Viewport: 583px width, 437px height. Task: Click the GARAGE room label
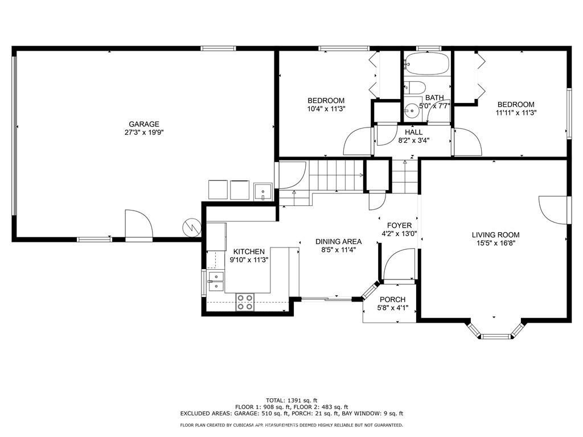click(143, 124)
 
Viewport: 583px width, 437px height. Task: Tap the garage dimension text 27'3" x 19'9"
click(143, 133)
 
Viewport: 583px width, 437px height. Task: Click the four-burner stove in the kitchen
click(245, 302)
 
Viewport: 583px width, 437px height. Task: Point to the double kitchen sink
click(216, 281)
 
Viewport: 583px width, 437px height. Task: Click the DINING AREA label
click(339, 241)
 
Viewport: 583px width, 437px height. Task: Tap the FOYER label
click(399, 225)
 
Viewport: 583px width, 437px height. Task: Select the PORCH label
click(392, 300)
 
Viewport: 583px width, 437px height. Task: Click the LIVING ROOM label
click(495, 234)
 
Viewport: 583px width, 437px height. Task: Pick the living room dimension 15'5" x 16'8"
click(495, 243)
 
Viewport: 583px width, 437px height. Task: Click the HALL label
click(413, 132)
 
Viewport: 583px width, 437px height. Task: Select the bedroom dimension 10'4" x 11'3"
click(326, 109)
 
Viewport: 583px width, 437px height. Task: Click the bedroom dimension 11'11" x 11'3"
click(516, 113)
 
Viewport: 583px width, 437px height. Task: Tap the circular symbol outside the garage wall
click(192, 228)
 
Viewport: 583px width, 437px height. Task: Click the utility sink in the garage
click(262, 189)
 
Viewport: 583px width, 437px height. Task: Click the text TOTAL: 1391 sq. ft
click(291, 399)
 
